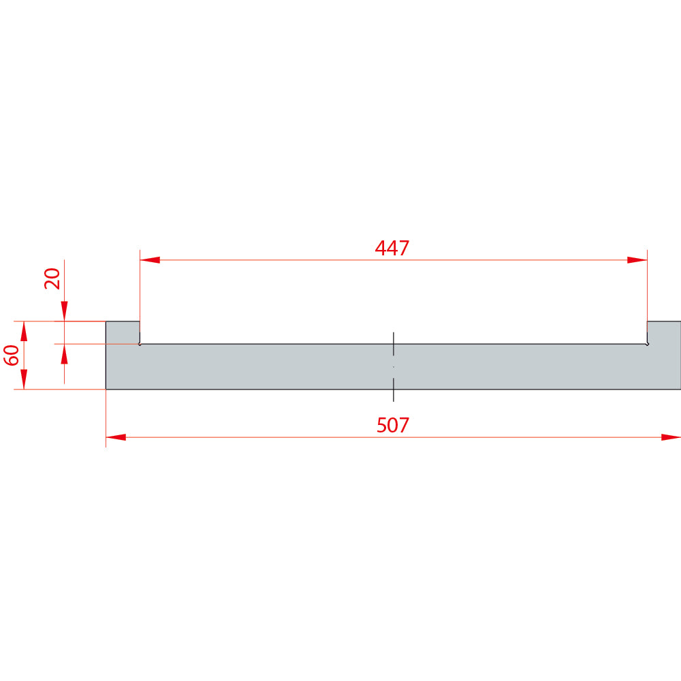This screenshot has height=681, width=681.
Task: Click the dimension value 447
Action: click(x=392, y=248)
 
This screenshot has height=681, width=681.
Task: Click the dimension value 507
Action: click(x=393, y=425)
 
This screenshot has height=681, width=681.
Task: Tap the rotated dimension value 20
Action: click(x=52, y=279)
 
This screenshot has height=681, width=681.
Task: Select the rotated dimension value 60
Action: click(x=12, y=355)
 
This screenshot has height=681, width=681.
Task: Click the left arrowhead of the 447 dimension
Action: click(x=150, y=260)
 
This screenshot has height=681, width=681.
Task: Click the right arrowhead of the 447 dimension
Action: click(x=637, y=260)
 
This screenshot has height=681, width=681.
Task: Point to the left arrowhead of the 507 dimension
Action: click(x=116, y=437)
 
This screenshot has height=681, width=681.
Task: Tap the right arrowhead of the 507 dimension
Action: click(x=671, y=437)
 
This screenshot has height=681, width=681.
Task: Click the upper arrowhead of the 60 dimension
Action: click(x=24, y=332)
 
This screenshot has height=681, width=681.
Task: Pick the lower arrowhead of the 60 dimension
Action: click(x=24, y=379)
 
